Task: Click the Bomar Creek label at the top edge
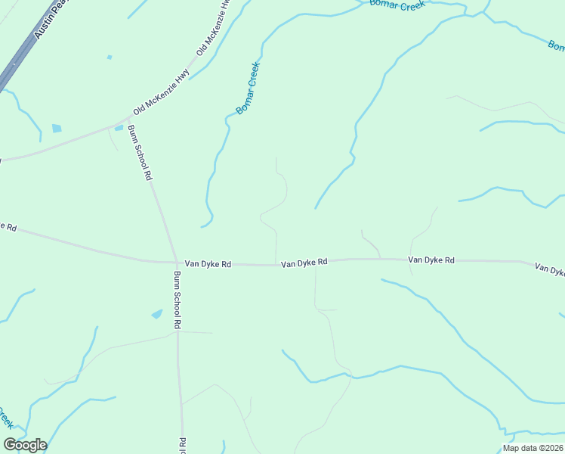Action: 397,4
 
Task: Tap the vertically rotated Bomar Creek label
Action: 248,88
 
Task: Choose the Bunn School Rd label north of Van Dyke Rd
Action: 140,152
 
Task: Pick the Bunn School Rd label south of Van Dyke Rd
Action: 178,300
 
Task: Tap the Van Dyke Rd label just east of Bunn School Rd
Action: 208,265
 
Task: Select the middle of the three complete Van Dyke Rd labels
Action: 304,263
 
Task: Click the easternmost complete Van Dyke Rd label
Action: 431,260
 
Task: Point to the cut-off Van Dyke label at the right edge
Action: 549,269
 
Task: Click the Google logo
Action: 25,445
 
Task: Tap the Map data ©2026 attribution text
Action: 533,448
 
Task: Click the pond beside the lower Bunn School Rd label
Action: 157,313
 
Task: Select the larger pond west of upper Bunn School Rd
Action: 57,129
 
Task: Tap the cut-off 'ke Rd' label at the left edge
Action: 8,226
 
